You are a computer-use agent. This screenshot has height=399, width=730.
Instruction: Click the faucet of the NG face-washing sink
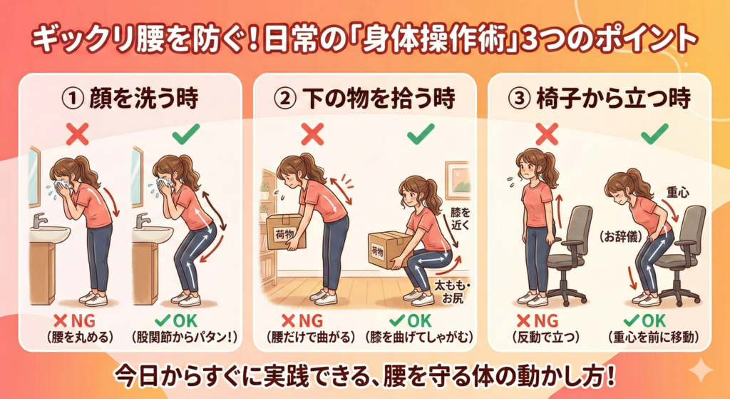pos(39,220)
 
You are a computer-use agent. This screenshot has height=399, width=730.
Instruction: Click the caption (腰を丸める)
pos(80,336)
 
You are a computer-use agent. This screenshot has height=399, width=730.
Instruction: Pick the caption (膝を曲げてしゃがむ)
pos(419,336)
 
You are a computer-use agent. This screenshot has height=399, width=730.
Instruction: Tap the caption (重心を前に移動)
pos(653,336)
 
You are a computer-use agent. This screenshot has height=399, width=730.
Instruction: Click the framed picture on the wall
pos(457,178)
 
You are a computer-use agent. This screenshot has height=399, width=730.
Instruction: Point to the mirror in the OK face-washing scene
pos(136,176)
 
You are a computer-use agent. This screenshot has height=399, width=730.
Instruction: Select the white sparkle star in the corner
pos(700,371)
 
